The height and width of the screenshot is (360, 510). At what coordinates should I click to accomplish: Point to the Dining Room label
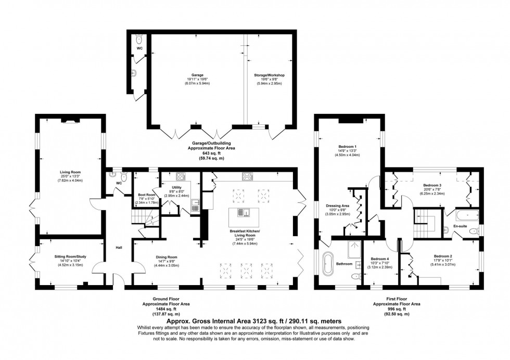(165, 256)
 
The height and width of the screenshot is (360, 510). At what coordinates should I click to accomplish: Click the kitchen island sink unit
(244, 212)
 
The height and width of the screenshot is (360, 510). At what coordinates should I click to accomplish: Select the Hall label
(119, 248)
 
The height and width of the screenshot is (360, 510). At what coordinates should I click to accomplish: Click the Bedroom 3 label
(432, 185)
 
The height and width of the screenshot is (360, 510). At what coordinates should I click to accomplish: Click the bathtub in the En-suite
(466, 214)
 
